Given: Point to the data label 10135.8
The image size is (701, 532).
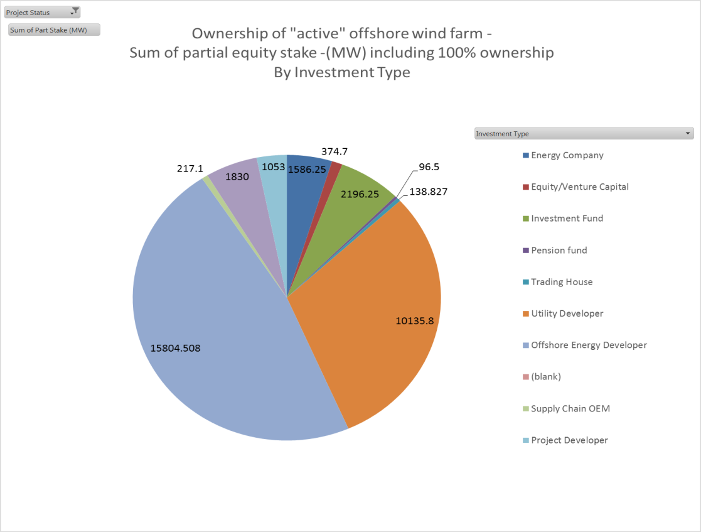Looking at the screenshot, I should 414,320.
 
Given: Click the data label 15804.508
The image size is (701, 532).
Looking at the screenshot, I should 176,347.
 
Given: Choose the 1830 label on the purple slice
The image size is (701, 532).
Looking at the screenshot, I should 237,177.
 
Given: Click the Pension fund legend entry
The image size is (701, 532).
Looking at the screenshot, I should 559,250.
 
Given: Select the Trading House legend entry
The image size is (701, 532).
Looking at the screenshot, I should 561,282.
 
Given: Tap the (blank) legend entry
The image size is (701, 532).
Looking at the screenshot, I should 545,377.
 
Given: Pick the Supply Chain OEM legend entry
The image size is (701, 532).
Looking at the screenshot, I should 570,408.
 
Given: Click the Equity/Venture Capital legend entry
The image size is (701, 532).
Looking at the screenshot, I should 579,187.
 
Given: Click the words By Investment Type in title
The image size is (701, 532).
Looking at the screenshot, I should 342,72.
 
